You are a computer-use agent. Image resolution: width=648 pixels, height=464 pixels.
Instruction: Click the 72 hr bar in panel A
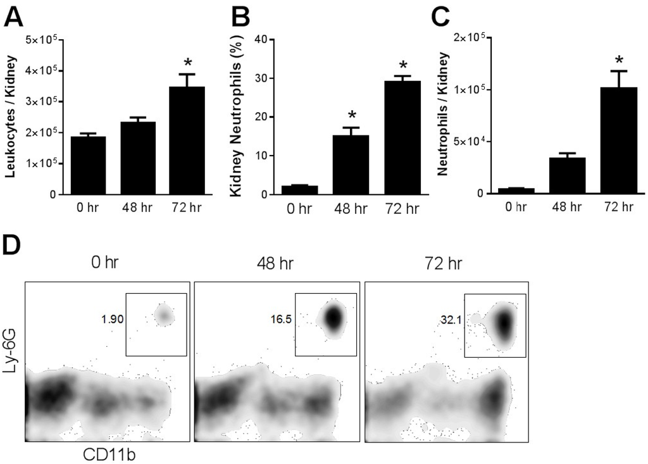tap(187, 141)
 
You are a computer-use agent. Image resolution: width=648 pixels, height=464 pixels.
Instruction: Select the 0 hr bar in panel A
tap(88, 165)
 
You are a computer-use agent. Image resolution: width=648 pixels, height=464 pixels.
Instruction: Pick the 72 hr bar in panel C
tap(618, 141)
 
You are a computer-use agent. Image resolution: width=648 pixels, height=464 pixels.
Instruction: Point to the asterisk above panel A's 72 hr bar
tap(187, 63)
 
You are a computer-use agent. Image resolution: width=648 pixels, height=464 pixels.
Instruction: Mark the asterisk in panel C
tap(618, 61)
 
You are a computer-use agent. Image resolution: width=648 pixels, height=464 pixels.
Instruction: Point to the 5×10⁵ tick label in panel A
tap(42, 40)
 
